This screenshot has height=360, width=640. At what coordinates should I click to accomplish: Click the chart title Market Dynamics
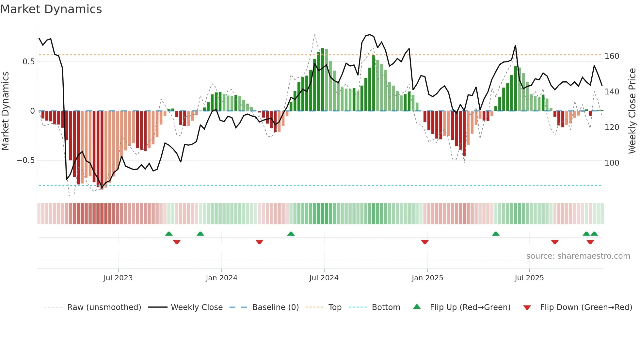click(x=51, y=9)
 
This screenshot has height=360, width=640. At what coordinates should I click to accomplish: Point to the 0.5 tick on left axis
click(x=28, y=62)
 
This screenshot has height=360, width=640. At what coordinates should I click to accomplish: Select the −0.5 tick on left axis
click(x=25, y=160)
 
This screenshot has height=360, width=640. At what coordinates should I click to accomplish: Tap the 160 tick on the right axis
click(x=612, y=56)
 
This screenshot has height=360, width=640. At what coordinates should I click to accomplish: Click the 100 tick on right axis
click(x=612, y=163)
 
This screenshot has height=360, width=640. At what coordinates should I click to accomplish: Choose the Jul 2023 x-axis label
click(x=118, y=278)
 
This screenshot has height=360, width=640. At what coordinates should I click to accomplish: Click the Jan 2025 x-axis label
click(x=427, y=278)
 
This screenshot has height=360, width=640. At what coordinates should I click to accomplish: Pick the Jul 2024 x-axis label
click(x=324, y=278)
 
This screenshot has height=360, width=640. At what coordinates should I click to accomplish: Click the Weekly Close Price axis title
click(x=632, y=111)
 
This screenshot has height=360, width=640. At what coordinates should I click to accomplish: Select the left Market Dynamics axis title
click(x=5, y=111)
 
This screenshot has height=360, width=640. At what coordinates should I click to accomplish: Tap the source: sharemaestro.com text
click(x=578, y=256)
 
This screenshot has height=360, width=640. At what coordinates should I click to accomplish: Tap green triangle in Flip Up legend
click(x=417, y=306)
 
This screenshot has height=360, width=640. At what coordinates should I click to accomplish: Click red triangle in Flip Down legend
click(x=527, y=308)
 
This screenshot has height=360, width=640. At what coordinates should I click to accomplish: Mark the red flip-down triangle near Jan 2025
click(x=425, y=242)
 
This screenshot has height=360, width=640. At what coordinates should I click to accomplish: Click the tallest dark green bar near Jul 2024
click(x=323, y=80)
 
